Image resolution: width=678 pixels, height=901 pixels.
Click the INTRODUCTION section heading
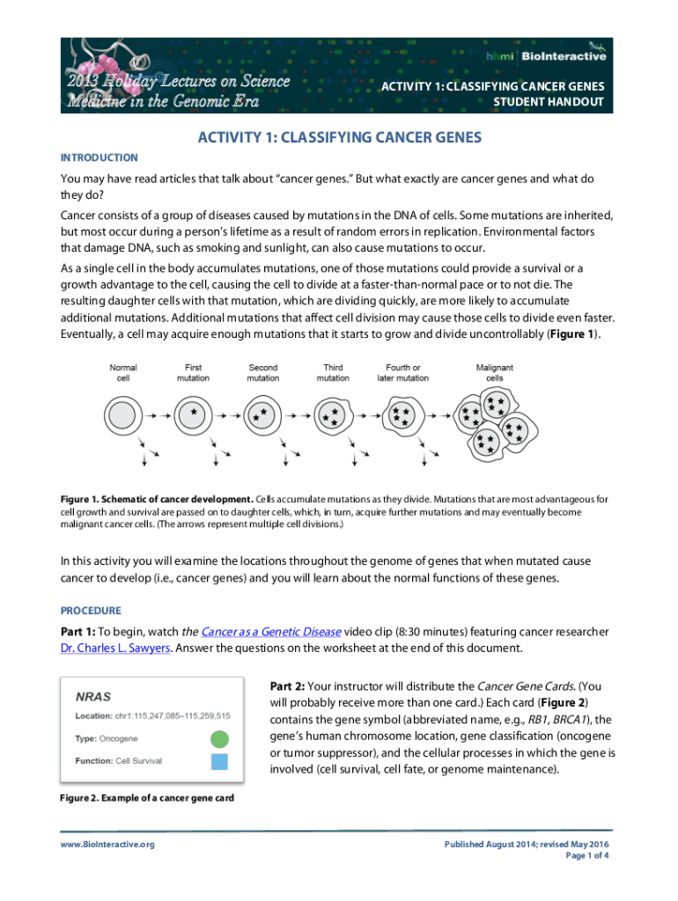[99, 157]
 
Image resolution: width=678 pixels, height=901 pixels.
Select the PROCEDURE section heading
[91, 611]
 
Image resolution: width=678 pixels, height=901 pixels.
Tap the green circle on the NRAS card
[219, 739]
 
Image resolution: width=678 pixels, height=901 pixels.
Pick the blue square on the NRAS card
[219, 762]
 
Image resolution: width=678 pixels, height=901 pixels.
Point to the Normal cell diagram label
[122, 372]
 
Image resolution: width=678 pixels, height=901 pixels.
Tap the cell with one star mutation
[193, 414]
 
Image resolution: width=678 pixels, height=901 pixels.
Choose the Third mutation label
[333, 372]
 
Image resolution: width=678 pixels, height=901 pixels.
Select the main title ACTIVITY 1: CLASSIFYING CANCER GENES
[339, 137]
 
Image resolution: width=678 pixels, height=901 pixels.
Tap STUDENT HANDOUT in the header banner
[549, 102]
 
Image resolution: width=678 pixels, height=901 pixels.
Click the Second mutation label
[262, 372]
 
